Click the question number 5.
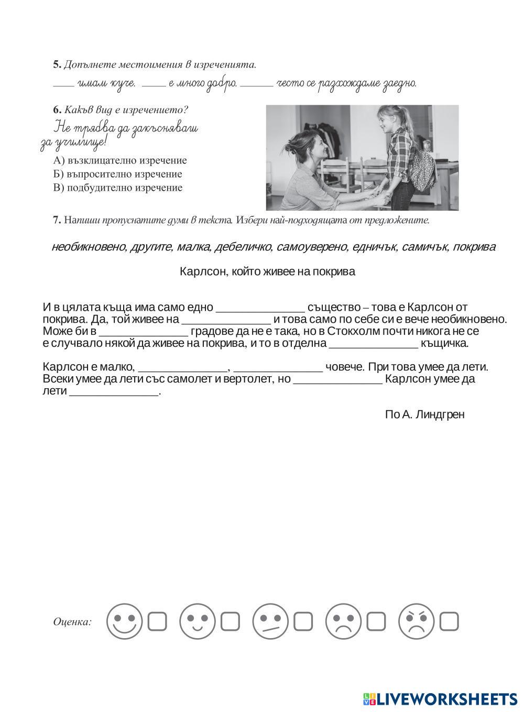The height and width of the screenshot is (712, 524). tap(57, 65)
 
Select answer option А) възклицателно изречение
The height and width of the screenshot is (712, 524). tap(120, 160)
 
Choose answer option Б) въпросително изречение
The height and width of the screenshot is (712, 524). tap(118, 174)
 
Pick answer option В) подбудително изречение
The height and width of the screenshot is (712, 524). tap(118, 188)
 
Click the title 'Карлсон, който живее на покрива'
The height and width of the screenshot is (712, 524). tap(267, 271)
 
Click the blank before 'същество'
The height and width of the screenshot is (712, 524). tap(260, 308)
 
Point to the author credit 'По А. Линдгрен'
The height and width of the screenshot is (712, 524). tap(424, 414)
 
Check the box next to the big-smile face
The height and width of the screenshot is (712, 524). tap(157, 622)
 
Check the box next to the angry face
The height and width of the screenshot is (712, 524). tap(449, 622)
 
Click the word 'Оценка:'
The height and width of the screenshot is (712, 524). tap(72, 622)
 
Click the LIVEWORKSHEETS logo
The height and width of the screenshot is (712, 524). tap(440, 698)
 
